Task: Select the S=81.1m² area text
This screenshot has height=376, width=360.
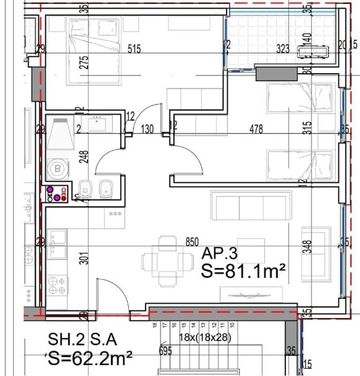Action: coord(242,271)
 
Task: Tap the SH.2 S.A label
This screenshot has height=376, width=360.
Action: coord(82,340)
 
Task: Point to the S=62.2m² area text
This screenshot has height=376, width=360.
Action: coord(89,358)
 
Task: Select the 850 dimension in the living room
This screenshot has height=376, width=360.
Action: coord(192,242)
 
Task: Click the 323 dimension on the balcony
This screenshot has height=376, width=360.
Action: coord(282,49)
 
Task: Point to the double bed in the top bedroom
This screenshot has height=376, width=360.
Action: coord(94,51)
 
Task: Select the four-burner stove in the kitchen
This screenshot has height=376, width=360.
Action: coord(57,285)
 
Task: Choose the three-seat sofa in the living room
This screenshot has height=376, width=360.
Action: coord(251,205)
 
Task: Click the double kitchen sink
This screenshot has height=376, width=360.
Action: coord(57,244)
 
